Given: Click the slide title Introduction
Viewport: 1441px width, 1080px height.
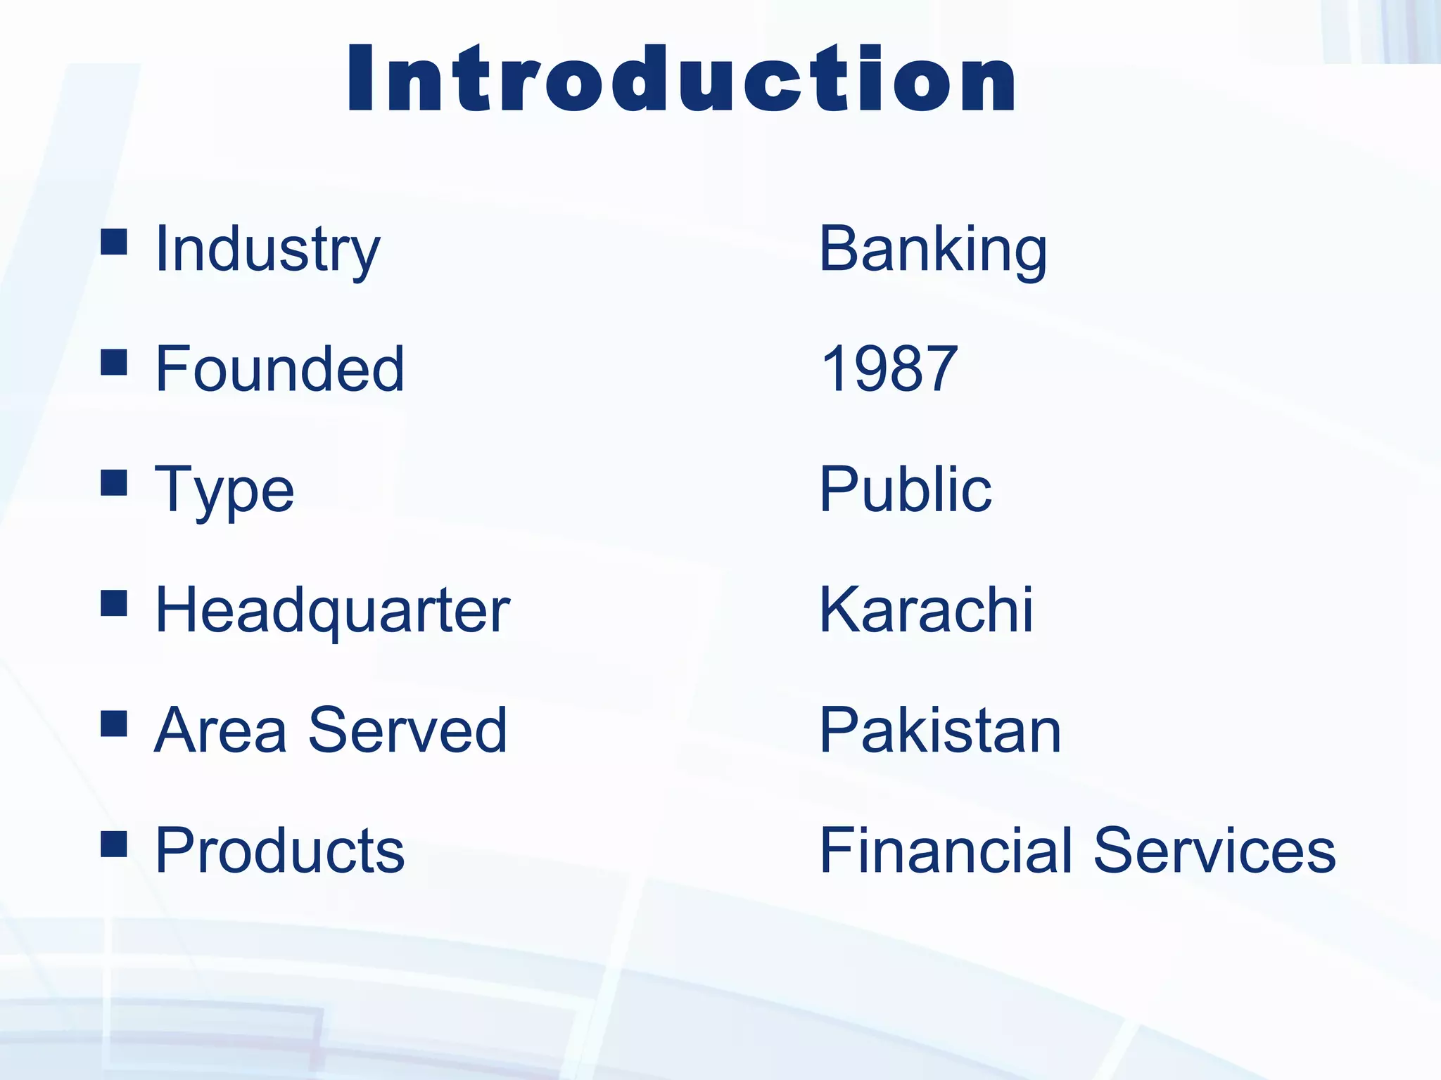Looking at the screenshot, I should coord(681,79).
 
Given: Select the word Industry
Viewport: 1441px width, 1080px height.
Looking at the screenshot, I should coord(267,250).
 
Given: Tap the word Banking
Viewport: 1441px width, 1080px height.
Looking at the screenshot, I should coord(933,250).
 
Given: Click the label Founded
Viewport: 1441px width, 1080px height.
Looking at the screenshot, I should coord(279,369).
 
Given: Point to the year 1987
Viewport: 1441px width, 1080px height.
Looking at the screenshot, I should coord(889,369).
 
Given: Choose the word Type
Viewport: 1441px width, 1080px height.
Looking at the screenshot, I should coord(224,491).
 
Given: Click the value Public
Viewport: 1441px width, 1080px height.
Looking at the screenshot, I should coord(906,489).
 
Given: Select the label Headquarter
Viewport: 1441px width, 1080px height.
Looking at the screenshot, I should coord(332,610).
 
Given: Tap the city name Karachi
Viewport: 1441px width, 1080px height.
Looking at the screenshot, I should coord(926,610).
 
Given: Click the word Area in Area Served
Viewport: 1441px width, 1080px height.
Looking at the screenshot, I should coord(220,731).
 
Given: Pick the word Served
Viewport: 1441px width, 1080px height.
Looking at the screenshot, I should coord(407,731).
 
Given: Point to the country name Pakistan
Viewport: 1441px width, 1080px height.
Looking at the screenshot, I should coord(940,731).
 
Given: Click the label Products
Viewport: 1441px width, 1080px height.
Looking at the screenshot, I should coord(279,851).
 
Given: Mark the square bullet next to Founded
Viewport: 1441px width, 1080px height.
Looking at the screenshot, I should coord(114,362).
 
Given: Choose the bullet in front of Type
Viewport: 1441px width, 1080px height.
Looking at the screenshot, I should coord(114,483).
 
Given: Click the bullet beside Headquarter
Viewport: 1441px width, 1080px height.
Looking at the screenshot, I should coord(114,603).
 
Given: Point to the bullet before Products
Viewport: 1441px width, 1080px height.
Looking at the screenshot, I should coord(114,844).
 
